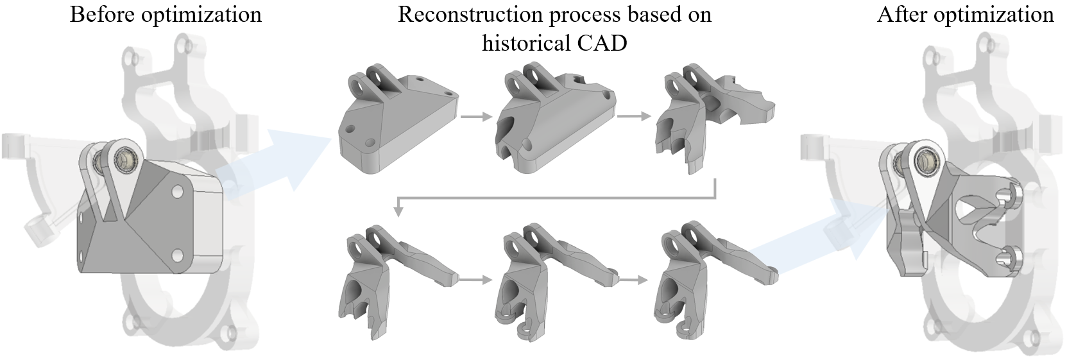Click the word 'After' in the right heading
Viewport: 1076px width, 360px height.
[901, 14]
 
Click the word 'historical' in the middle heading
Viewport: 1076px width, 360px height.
[524, 43]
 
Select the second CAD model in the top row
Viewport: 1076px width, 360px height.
[552, 119]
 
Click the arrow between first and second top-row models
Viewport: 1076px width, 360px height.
[477, 117]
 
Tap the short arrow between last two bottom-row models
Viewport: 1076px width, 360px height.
[633, 280]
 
